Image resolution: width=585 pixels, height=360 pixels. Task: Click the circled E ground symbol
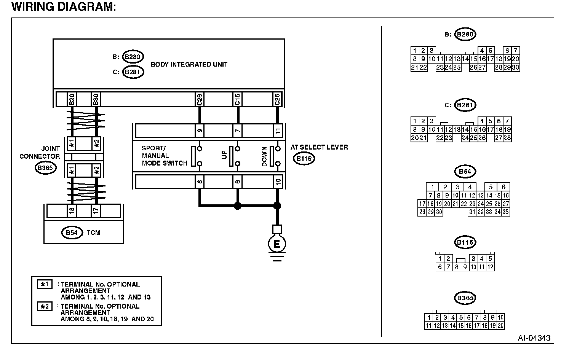(277, 244)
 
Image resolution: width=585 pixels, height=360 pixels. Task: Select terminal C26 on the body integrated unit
(199, 99)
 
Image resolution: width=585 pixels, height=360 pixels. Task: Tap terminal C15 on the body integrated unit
(237, 99)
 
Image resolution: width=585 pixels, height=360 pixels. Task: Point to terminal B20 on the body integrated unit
(71, 99)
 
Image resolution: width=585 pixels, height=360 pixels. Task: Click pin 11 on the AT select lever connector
(278, 131)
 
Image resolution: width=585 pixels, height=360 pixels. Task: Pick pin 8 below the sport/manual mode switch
(199, 182)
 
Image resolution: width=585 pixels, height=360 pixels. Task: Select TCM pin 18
(71, 210)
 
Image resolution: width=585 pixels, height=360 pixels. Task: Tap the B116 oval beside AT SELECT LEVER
(304, 159)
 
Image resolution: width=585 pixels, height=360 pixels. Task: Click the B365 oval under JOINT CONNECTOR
(45, 168)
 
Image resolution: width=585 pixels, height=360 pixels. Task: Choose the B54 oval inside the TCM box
(72, 233)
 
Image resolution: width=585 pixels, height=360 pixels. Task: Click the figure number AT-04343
(534, 338)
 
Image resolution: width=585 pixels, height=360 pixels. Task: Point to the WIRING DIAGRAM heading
(64, 7)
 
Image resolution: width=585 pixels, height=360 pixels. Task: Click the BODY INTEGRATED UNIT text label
(189, 64)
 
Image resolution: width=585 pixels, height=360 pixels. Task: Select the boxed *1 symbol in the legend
(45, 284)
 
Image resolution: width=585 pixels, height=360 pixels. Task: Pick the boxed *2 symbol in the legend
(45, 306)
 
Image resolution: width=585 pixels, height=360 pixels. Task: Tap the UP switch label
(224, 154)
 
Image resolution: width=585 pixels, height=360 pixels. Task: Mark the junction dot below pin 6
(238, 206)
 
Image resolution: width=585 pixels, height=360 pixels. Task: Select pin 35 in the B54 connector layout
(505, 212)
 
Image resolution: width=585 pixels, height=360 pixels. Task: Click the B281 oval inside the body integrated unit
(133, 72)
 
